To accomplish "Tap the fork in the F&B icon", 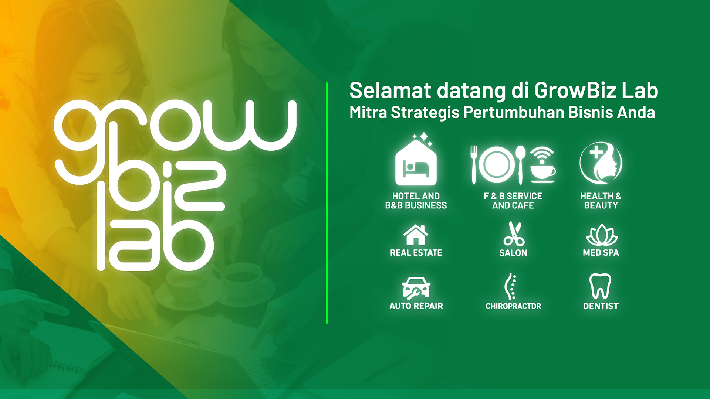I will [474, 164].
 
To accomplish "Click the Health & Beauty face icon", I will [601, 163].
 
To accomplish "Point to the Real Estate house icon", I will [416, 235].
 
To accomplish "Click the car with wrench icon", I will [416, 288].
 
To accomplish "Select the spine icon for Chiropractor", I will [511, 286].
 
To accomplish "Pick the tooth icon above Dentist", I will [600, 286].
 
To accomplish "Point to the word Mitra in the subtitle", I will [368, 112].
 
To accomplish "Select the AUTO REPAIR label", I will [416, 306].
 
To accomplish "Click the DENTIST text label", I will [601, 306].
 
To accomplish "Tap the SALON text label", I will [513, 253].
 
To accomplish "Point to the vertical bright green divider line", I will [327, 203].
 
